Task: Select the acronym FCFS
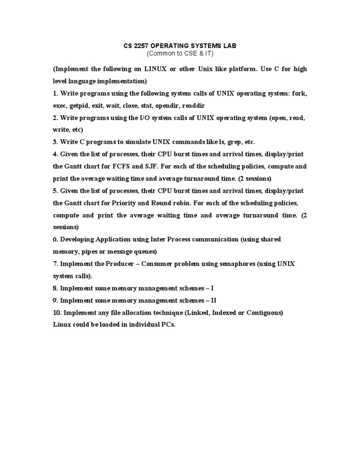pyautogui.click(x=118, y=166)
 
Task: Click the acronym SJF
pyautogui.click(x=145, y=166)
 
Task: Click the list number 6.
pyautogui.click(x=54, y=240)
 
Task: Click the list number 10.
pyautogui.click(x=57, y=313)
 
